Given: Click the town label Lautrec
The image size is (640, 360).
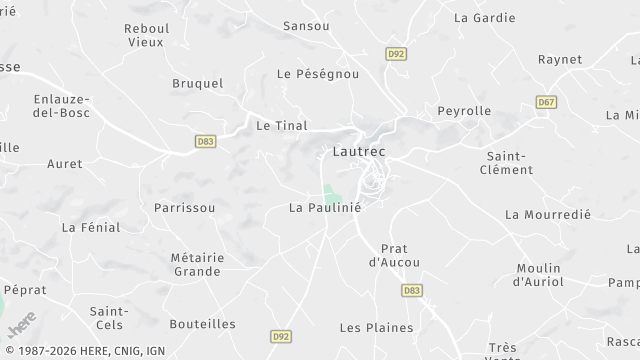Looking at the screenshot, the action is [x=357, y=151].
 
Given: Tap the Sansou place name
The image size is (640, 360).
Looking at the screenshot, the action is [x=305, y=25].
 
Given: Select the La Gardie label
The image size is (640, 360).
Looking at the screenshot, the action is [x=484, y=17].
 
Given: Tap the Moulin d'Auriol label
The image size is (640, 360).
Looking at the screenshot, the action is [x=540, y=275].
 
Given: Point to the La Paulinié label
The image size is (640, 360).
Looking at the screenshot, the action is [x=324, y=208].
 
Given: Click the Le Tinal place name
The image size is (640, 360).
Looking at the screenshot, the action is [x=281, y=126].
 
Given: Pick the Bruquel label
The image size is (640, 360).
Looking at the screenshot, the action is [x=197, y=83].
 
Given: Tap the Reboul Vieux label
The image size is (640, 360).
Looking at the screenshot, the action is [x=146, y=36].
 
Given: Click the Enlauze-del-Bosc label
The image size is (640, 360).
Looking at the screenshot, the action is [x=61, y=105].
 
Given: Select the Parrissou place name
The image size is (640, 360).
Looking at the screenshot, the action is [x=184, y=208].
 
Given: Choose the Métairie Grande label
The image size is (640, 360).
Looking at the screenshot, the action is [x=197, y=264].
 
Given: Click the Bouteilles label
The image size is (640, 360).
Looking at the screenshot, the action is [x=202, y=323].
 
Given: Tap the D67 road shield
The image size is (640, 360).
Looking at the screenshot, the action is [x=546, y=102].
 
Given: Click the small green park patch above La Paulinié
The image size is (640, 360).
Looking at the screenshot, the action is [x=330, y=193].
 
